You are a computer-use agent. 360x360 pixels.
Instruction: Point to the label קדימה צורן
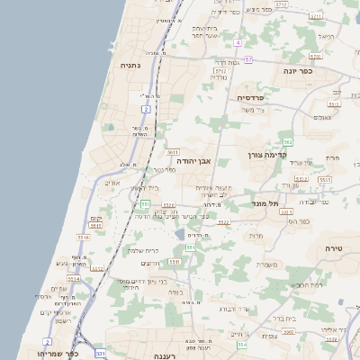pyautogui.click(x=267, y=155)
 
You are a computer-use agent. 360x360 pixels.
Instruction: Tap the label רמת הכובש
pyautogui.click(x=309, y=285)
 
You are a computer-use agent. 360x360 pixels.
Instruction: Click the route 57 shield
pyautogui.click(x=247, y=59)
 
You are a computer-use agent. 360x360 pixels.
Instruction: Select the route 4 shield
pyautogui.click(x=238, y=42)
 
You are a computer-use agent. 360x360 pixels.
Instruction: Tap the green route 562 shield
pyautogui.click(x=287, y=142)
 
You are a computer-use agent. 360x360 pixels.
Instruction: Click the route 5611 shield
pyautogui.click(x=173, y=152)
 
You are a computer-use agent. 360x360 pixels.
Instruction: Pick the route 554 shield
pyautogui.click(x=241, y=345)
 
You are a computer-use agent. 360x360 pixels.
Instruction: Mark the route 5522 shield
pyautogui.click(x=223, y=221)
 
